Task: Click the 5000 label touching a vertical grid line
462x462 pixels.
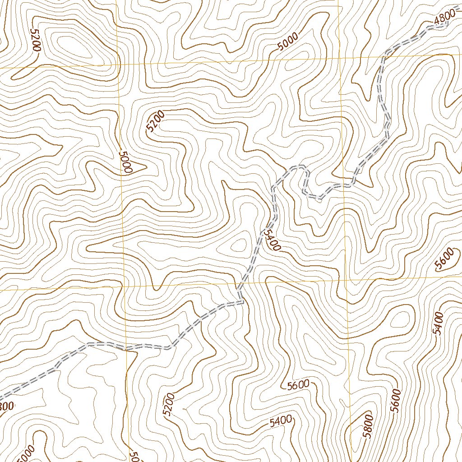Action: point(125,162)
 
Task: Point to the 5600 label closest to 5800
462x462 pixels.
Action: point(396,400)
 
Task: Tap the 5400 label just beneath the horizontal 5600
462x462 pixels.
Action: point(280,421)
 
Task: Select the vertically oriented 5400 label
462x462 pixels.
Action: point(438,323)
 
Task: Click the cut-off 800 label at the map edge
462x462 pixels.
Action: point(7,406)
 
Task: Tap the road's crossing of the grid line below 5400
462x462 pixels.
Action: point(238,284)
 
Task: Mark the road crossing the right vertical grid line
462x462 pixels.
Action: point(344,185)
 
